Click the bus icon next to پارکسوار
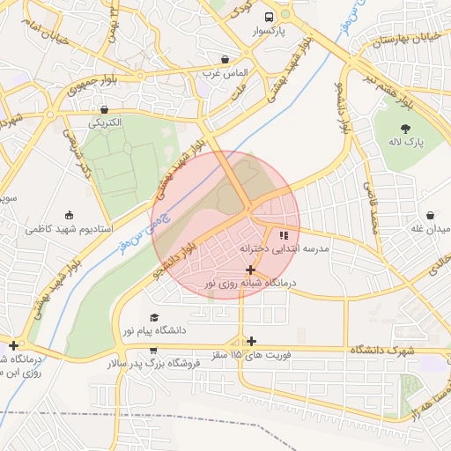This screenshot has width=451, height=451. tap(269, 16)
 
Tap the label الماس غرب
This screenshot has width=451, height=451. tap(225, 72)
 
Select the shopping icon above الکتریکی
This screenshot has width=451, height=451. tap(105, 110)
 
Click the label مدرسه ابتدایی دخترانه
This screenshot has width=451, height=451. tap(285, 249)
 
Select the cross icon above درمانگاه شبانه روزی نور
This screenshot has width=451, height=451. tap(251, 270)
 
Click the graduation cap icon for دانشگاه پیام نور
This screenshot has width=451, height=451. tap(155, 317)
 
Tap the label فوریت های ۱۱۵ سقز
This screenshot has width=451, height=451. tap(252, 354)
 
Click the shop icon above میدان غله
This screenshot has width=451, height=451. tap(430, 215)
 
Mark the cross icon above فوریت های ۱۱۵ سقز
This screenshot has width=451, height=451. tap(252, 341)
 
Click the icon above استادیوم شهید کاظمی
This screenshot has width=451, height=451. tap(69, 215)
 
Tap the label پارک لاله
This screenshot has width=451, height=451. tap(407, 141)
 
